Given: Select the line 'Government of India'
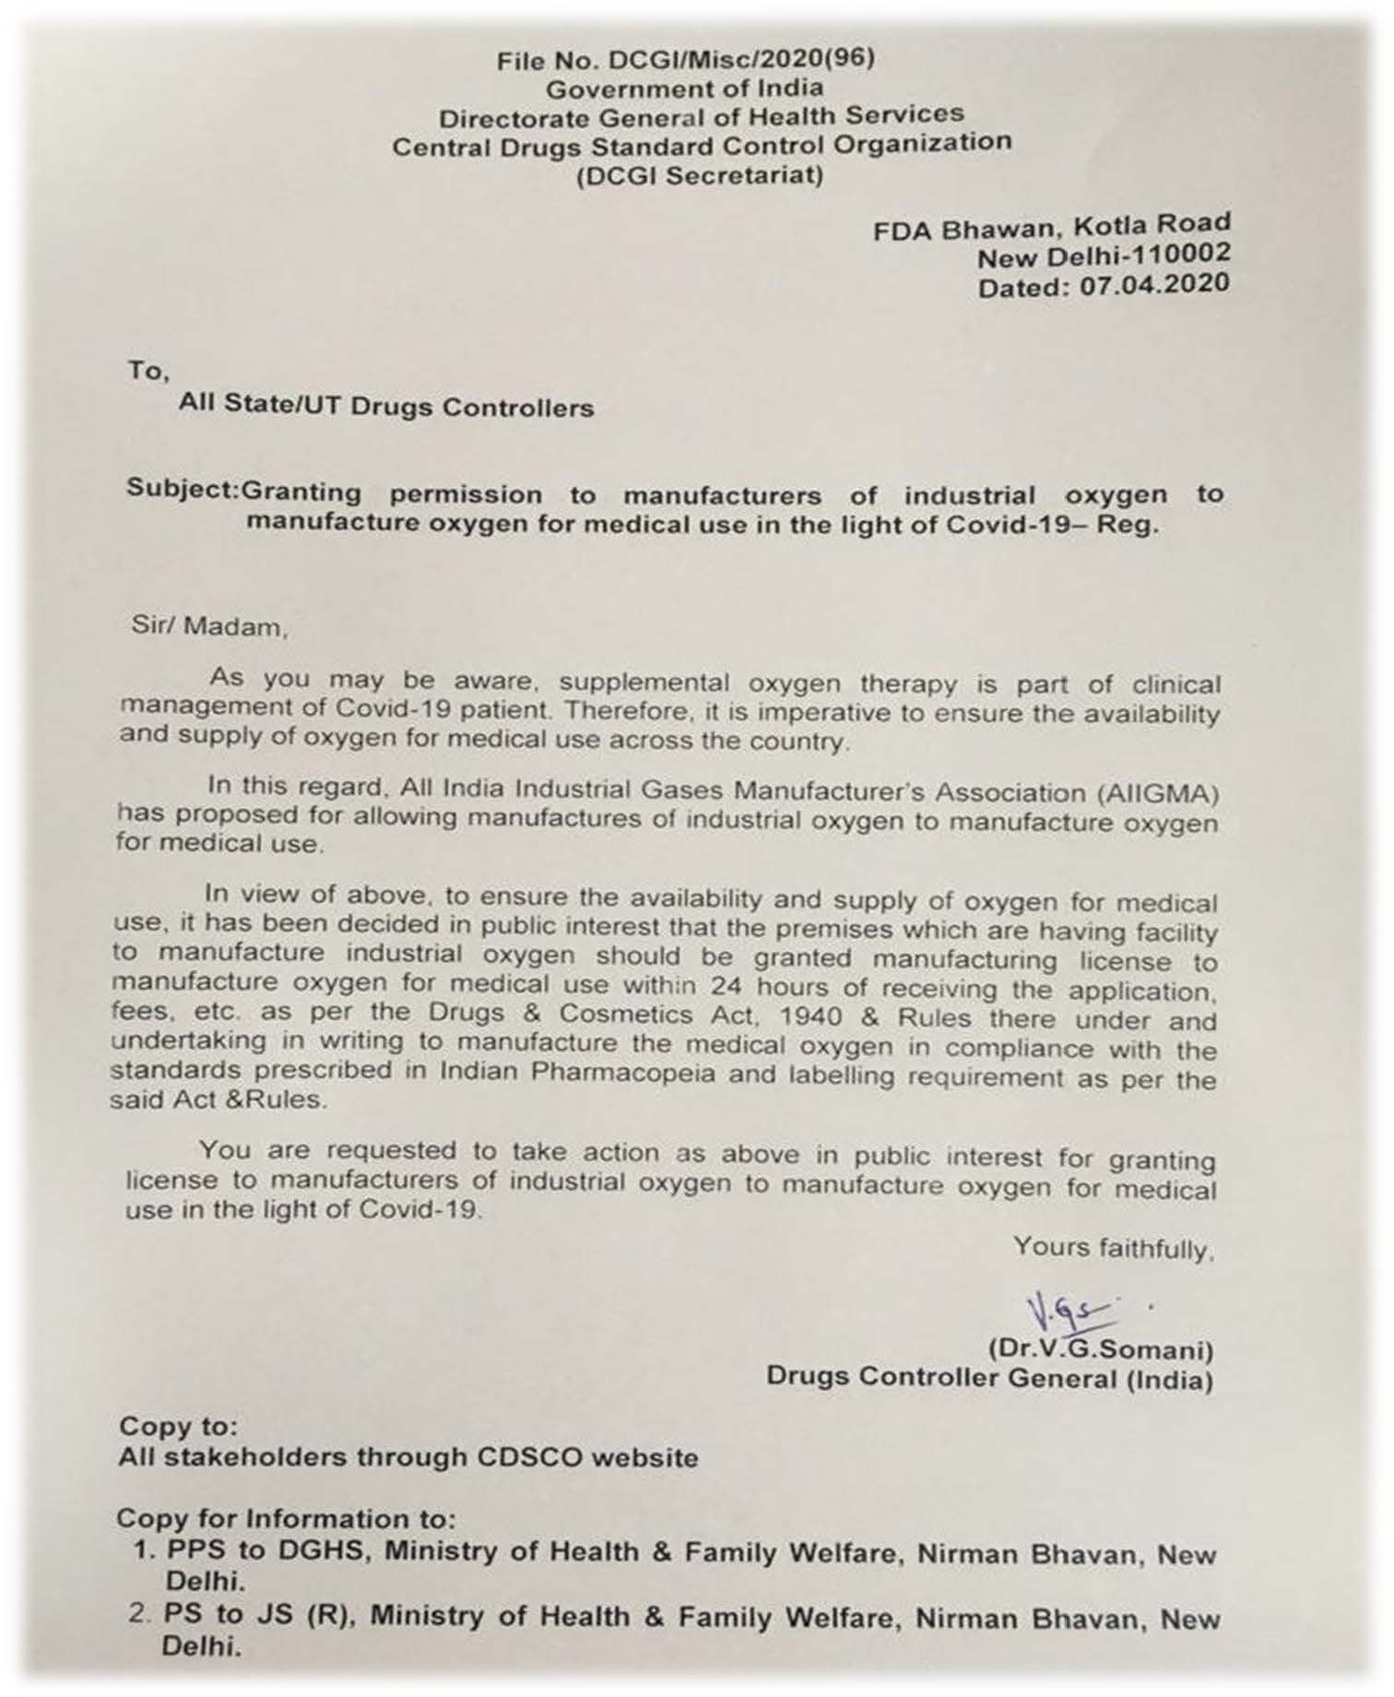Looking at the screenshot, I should (684, 89).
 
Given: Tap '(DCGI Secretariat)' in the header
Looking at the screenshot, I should (700, 174).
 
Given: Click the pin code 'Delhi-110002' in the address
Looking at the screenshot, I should (1140, 254).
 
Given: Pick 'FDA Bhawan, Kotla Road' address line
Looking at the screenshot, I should (1052, 226).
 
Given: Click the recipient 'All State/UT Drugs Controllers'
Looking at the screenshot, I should (386, 406).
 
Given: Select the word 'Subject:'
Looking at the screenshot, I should (183, 488).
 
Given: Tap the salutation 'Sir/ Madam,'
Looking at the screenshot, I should (210, 627).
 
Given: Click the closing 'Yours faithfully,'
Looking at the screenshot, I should (1114, 1248).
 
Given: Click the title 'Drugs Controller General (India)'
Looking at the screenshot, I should (989, 1378).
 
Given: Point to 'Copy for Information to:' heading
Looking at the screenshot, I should (286, 1519).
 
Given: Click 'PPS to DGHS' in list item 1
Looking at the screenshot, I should (267, 1550).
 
